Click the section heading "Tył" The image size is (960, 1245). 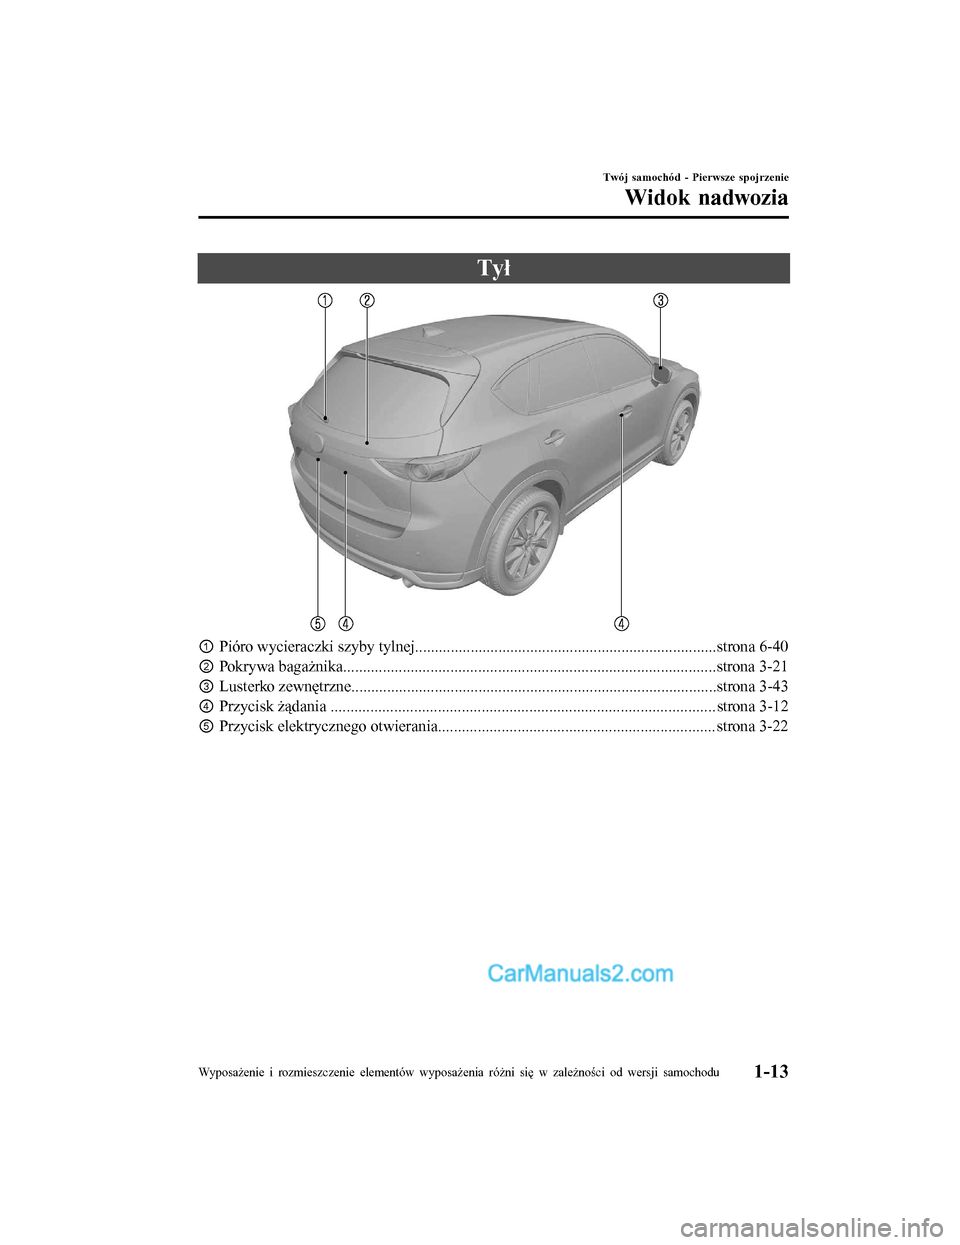(493, 268)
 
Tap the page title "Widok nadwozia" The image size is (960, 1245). (706, 197)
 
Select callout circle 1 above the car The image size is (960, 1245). (325, 300)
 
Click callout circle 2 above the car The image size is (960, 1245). (367, 300)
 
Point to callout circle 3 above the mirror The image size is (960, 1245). (661, 300)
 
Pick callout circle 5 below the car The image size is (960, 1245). (317, 623)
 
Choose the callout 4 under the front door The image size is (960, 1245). (621, 623)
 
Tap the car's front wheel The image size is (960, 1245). (679, 431)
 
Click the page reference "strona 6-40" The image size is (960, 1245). (752, 646)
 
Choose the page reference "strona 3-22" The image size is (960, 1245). (752, 726)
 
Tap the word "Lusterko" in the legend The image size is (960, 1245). (247, 686)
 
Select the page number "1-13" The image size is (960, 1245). (766, 1072)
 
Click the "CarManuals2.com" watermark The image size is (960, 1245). (580, 973)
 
